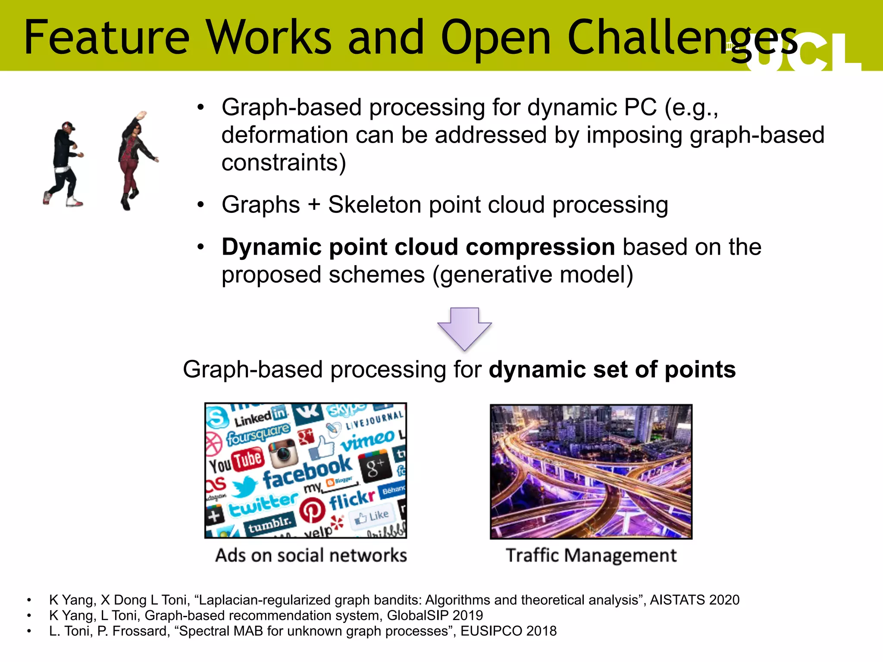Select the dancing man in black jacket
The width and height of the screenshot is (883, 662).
pos(64,164)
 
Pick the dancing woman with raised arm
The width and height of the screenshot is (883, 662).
pos(135,159)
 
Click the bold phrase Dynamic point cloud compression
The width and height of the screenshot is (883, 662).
pos(418,247)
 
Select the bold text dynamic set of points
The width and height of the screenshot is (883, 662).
pos(612,370)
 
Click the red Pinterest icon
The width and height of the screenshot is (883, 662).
pos(312,510)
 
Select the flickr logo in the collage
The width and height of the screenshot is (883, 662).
pos(352,499)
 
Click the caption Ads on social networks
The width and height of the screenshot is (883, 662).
pos(311,556)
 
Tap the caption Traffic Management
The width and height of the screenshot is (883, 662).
pos(591,556)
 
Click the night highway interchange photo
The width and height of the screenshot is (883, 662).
pos(591,472)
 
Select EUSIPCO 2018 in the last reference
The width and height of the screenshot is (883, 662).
pos(508,631)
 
